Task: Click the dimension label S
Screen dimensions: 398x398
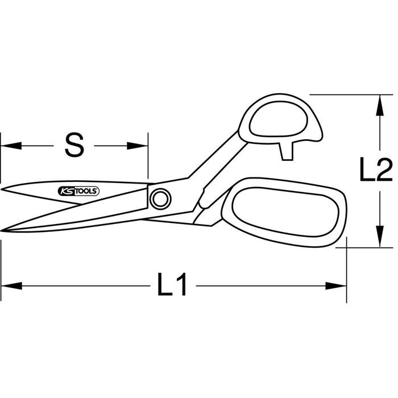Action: point(74,145)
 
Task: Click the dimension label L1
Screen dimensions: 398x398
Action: point(172,284)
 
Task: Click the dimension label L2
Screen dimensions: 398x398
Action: point(376,169)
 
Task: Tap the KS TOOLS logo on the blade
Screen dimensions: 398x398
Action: point(78,191)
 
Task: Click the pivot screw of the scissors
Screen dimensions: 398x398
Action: point(160,199)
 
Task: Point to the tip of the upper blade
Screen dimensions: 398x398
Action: point(2,189)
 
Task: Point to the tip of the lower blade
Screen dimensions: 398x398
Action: point(1,230)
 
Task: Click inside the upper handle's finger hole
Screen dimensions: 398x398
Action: point(279,119)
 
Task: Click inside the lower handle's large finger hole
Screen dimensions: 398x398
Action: point(285,212)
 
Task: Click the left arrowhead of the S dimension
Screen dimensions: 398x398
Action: point(11,146)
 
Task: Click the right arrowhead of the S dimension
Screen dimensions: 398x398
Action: point(138,146)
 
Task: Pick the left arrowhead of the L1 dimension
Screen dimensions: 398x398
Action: point(12,286)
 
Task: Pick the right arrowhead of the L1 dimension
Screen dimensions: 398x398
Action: point(336,286)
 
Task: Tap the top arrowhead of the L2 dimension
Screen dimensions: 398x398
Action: point(379,105)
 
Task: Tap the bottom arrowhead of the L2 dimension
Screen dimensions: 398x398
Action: point(379,237)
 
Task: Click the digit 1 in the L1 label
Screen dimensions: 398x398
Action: point(181,284)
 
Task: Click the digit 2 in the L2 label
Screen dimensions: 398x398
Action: point(384,169)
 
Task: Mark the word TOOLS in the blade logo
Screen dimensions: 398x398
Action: point(86,192)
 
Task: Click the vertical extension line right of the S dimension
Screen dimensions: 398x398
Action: point(148,155)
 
